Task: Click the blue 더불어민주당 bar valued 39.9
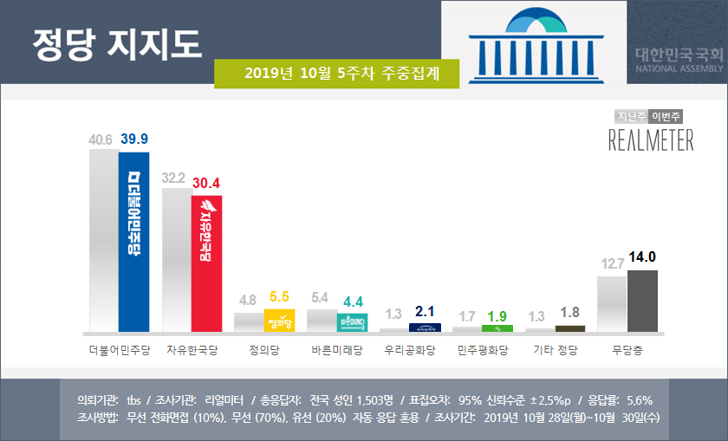[x=134, y=243]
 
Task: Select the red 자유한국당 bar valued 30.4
[x=207, y=263]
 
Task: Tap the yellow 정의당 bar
[x=280, y=321]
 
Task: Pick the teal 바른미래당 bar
[x=353, y=323]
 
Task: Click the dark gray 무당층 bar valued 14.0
[x=642, y=301]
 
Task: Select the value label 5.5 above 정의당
[x=281, y=296]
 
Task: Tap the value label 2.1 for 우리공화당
[x=426, y=312]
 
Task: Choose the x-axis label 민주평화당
[x=483, y=352]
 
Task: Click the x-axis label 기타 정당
[x=556, y=352]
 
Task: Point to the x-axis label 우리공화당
[x=410, y=352]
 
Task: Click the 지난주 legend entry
[x=632, y=116]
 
